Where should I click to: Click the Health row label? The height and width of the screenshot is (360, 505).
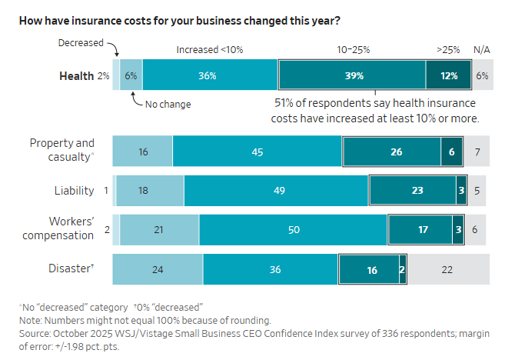tap(77, 76)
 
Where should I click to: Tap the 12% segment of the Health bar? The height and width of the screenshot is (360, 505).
tap(450, 76)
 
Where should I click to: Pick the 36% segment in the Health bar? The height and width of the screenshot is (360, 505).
tap(207, 76)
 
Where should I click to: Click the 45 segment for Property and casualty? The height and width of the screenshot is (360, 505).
tap(257, 152)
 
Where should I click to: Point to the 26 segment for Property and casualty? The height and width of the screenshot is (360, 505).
tap(396, 152)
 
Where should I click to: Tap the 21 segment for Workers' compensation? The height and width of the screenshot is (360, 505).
tap(160, 228)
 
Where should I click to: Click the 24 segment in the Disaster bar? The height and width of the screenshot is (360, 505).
tap(158, 270)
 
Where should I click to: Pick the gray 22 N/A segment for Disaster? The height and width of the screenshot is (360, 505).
tap(447, 270)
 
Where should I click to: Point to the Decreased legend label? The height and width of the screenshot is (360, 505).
tap(81, 42)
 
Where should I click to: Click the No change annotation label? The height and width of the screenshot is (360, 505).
tap(168, 105)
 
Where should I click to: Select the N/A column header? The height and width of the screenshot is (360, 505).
tap(482, 50)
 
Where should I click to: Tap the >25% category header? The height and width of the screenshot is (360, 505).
tap(448, 50)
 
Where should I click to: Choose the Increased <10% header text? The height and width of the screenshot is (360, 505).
tap(210, 50)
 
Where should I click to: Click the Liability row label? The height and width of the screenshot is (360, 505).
tap(75, 190)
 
